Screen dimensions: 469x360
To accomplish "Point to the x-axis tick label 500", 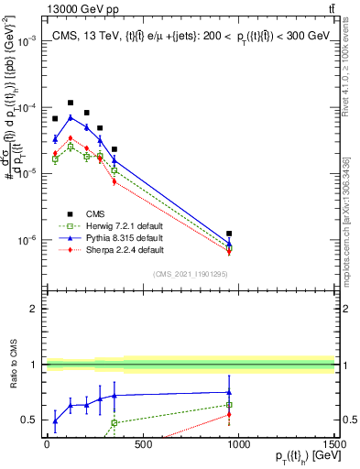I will [142, 445].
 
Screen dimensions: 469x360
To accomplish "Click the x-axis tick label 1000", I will [238, 445].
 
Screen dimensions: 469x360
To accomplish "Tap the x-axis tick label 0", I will [46, 445].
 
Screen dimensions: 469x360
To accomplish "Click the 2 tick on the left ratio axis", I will [34, 309].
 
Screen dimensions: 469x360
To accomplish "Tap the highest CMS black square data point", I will [71, 104].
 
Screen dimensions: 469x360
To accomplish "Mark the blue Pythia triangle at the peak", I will [71, 117].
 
